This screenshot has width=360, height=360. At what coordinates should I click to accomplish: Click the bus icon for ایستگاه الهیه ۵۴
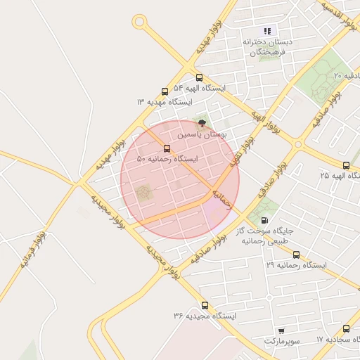pyautogui.click(x=199, y=78)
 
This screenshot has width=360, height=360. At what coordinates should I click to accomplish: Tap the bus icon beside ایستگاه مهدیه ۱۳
pyautogui.click(x=165, y=91)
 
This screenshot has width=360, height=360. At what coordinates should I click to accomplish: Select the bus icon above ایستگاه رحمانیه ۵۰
pyautogui.click(x=167, y=148)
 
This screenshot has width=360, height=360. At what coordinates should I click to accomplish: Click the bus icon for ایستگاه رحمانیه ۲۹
pyautogui.click(x=296, y=255)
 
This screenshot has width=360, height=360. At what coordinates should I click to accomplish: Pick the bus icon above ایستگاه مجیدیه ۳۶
pyautogui.click(x=205, y=305)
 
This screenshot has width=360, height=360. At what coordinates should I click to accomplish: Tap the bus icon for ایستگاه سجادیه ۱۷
pyautogui.click(x=347, y=328)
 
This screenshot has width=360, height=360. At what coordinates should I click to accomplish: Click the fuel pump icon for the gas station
pyautogui.click(x=264, y=220)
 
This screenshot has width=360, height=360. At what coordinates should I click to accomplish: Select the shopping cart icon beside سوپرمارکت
pyautogui.click(x=281, y=330)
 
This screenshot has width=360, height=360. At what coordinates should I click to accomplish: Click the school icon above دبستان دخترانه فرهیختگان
pyautogui.click(x=266, y=31)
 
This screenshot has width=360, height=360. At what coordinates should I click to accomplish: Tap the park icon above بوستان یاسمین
pyautogui.click(x=202, y=122)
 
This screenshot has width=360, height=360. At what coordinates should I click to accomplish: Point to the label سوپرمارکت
pyautogui.click(x=281, y=341)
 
